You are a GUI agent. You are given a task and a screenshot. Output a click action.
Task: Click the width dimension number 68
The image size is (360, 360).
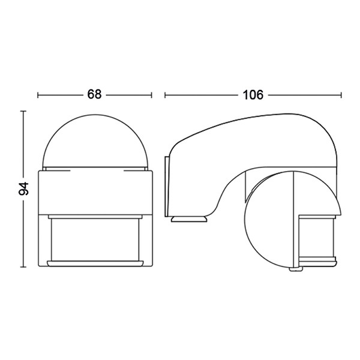point(94,94)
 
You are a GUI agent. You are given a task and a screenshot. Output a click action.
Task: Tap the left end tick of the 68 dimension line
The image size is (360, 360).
point(38,95)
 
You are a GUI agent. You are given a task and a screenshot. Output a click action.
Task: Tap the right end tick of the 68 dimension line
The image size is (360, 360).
point(151,95)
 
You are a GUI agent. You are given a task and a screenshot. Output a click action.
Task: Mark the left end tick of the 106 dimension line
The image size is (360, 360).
point(165,95)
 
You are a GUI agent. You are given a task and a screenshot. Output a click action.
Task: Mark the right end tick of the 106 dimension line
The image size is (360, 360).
point(341,95)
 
